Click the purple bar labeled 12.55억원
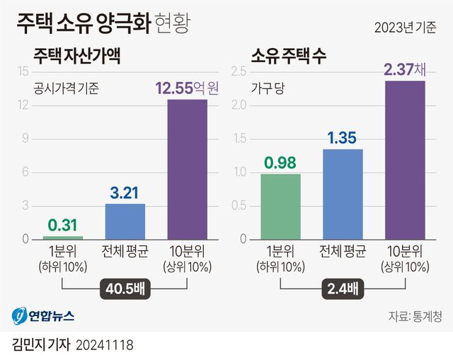(x=187, y=170)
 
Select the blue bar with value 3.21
(x=125, y=221)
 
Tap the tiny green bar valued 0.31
(x=63, y=238)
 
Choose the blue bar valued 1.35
(x=343, y=194)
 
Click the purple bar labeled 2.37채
(x=405, y=161)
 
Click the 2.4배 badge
(x=343, y=289)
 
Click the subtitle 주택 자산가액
(x=78, y=56)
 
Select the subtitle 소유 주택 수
(x=290, y=56)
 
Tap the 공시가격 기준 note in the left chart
(x=67, y=89)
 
